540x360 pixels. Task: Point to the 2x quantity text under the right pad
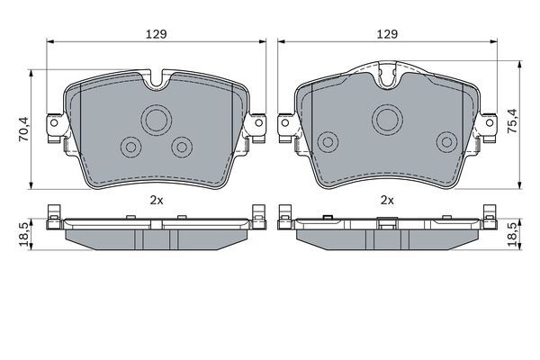pyautogui.click(x=388, y=200)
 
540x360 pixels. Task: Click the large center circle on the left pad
pyautogui.click(x=157, y=119)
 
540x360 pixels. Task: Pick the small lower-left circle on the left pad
pyautogui.click(x=131, y=146)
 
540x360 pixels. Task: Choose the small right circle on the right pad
pyautogui.click(x=445, y=140)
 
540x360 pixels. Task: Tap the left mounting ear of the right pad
pyautogui.click(x=288, y=125)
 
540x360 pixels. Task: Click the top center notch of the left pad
pyautogui.click(x=158, y=79)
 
